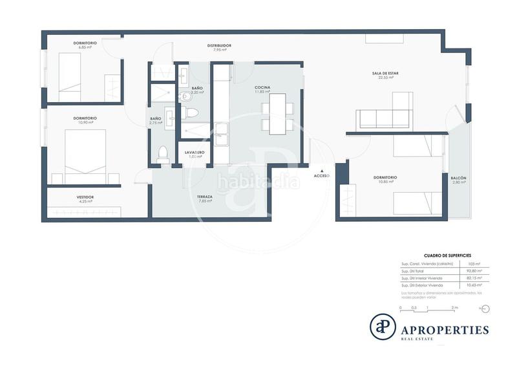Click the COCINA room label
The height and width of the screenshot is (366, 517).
pyautogui.click(x=262, y=87)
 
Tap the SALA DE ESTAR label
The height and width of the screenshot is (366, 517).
pyautogui.click(x=385, y=73)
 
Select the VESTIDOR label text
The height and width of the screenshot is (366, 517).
pyautogui.click(x=85, y=197)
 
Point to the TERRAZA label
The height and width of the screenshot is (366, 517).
pyautogui.click(x=205, y=196)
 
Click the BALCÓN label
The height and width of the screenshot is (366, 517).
pyautogui.click(x=459, y=178)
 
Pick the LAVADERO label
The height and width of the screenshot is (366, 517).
pyautogui.click(x=196, y=152)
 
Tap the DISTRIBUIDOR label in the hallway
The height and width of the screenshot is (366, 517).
pyautogui.click(x=219, y=45)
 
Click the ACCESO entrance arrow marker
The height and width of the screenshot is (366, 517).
pyautogui.click(x=322, y=169)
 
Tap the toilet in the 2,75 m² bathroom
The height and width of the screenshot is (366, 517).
pyautogui.click(x=163, y=154)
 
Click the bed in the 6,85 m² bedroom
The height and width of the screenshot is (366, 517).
pyautogui.click(x=69, y=72)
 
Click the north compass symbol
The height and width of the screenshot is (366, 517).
pyautogui.click(x=485, y=308)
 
